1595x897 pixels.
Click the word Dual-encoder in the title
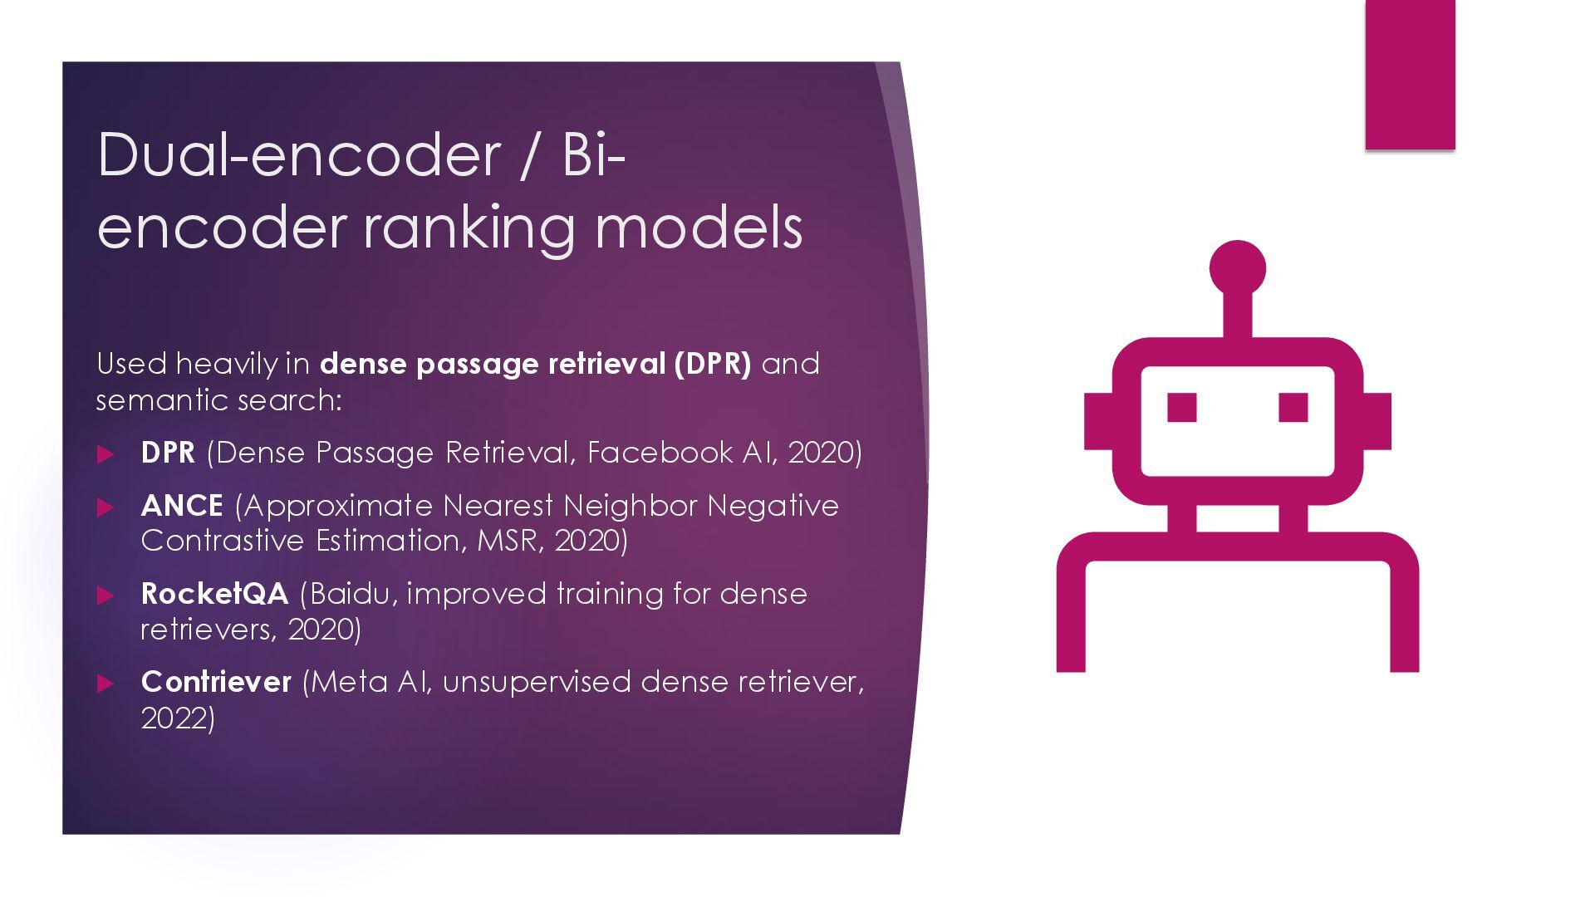(x=299, y=154)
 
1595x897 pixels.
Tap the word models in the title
(x=699, y=228)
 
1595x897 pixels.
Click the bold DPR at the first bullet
(x=168, y=453)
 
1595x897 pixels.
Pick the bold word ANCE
(x=182, y=506)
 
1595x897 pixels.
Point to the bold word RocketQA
(x=214, y=594)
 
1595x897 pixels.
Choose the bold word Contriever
(x=216, y=682)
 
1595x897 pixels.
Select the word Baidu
(x=350, y=594)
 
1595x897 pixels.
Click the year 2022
(x=174, y=718)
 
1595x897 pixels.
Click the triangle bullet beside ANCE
(x=106, y=507)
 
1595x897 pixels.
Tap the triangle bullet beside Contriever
(x=106, y=684)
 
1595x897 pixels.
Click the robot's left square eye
(x=1181, y=408)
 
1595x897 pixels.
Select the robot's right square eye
(x=1293, y=408)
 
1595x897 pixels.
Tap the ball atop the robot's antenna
(x=1237, y=268)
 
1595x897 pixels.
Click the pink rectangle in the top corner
(x=1410, y=75)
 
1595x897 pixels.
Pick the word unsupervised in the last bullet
(x=537, y=682)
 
